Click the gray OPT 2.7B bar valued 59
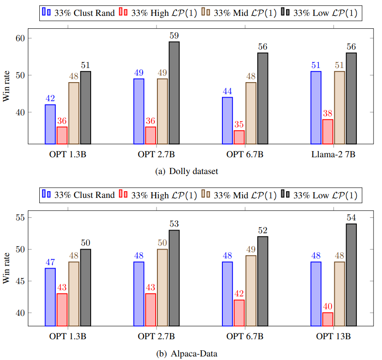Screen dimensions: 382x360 pos(174,93)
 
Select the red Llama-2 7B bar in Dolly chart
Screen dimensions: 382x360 pos(328,132)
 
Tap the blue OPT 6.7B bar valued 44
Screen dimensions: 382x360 pos(228,121)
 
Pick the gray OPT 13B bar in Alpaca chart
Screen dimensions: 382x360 pos(351,275)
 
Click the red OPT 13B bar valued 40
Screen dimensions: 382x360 pos(328,319)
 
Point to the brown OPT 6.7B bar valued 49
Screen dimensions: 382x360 pos(251,291)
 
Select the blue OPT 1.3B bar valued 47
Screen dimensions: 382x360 pos(50,297)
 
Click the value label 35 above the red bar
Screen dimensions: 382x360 pos(239,125)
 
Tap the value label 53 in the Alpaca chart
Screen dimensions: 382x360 pos(174,224)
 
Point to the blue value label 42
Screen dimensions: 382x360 pos(50,99)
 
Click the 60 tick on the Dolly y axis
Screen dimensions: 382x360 pos(20,38)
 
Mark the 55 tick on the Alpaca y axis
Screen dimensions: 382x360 pos(20,217)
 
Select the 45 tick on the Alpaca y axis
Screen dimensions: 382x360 pos(20,281)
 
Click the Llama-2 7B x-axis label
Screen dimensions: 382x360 pos(333,154)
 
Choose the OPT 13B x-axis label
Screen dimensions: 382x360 pos(333,337)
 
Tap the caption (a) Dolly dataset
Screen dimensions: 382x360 pos(187,171)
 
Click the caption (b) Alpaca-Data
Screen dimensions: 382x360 pos(187,353)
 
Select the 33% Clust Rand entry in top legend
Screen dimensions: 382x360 pos(78,13)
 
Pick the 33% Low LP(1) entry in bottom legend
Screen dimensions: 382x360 pos(319,195)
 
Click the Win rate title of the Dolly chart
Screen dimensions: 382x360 pos(6,86)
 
